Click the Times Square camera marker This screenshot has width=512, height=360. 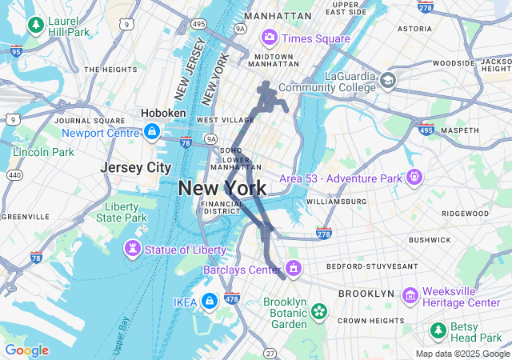[x=269, y=38]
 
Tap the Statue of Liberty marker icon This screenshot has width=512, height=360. [x=134, y=250]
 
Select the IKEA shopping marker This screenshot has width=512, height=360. [x=209, y=301]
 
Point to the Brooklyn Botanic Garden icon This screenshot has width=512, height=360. [x=319, y=310]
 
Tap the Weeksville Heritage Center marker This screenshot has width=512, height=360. [x=410, y=295]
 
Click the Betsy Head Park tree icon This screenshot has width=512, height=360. [x=438, y=330]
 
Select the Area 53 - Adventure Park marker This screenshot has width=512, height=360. [x=414, y=177]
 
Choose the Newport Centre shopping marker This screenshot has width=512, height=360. [x=150, y=132]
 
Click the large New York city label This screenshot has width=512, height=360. [x=222, y=189]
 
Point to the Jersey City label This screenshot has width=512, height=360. [x=136, y=168]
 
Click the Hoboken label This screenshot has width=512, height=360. [x=163, y=114]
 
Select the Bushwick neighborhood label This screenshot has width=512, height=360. [x=430, y=239]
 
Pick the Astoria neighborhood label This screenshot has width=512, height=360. [x=414, y=28]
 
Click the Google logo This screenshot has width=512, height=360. [x=26, y=350]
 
